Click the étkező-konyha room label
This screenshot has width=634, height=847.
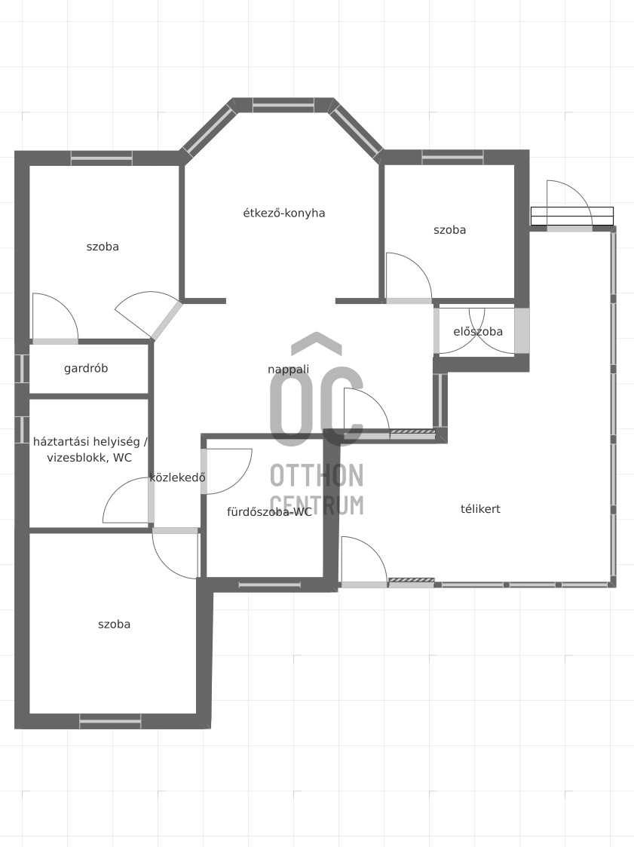[284, 213]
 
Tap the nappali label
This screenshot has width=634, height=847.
[289, 370]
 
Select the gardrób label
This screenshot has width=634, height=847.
[86, 368]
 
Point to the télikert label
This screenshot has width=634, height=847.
[480, 509]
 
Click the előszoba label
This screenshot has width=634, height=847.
[478, 332]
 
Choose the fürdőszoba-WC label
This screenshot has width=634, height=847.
[269, 512]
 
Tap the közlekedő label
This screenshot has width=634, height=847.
[178, 477]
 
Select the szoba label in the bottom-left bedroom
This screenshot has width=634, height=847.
[114, 625]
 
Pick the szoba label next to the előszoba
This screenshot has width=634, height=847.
[449, 230]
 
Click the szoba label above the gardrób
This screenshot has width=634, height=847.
[103, 247]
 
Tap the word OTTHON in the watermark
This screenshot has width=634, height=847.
[317, 475]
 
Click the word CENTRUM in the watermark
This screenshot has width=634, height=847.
[317, 505]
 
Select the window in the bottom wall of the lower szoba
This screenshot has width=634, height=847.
[110, 721]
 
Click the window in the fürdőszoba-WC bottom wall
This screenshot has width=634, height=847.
[269, 585]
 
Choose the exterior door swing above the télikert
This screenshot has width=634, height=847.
[569, 204]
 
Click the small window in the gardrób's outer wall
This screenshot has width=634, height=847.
[21, 368]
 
